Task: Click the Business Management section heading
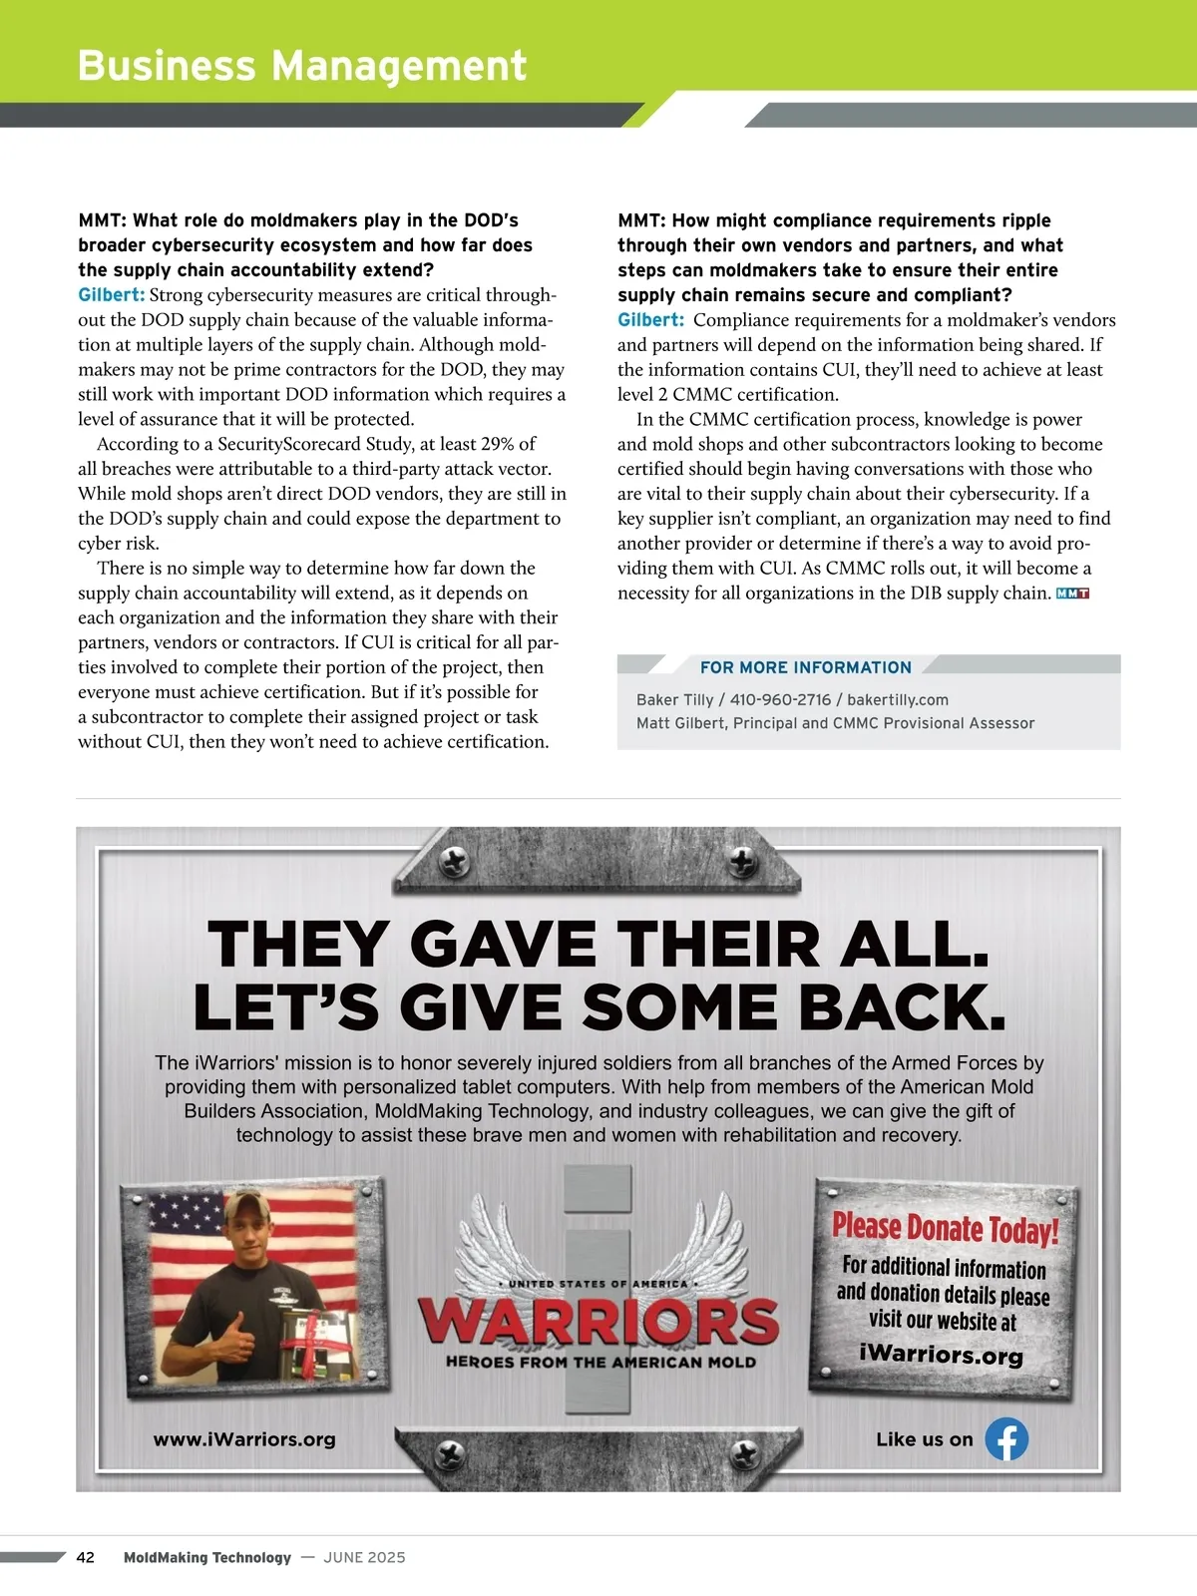pyautogui.click(x=301, y=66)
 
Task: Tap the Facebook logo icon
pyautogui.click(x=1006, y=1439)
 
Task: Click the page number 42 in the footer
pyautogui.click(x=86, y=1557)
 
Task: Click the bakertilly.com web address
pyautogui.click(x=898, y=699)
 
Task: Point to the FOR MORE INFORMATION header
pyautogui.click(x=805, y=667)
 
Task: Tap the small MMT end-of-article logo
pyautogui.click(x=1072, y=594)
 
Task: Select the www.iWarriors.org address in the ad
pyautogui.click(x=244, y=1439)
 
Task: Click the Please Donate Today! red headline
pyautogui.click(x=944, y=1228)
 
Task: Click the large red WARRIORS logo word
pyautogui.click(x=598, y=1321)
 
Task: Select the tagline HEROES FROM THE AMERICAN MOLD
pyautogui.click(x=600, y=1362)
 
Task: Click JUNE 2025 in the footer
pyautogui.click(x=364, y=1557)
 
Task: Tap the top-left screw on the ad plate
pyautogui.click(x=456, y=859)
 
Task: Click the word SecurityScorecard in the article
pyautogui.click(x=303, y=444)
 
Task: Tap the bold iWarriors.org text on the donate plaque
pyautogui.click(x=941, y=1355)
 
